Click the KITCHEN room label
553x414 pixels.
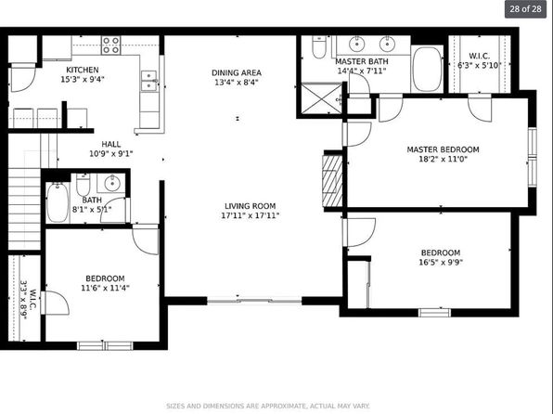click(83, 70)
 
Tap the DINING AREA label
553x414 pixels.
click(237, 73)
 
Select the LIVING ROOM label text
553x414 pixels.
click(250, 206)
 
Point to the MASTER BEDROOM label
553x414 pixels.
click(443, 149)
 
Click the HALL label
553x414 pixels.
click(111, 144)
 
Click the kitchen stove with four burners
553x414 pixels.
click(111, 45)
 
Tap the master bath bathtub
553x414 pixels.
click(427, 70)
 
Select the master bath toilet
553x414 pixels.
click(319, 47)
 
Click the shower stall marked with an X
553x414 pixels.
click(322, 98)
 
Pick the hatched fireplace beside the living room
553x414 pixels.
click(332, 181)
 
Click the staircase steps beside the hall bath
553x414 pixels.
click(24, 209)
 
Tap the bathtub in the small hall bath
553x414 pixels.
click(58, 202)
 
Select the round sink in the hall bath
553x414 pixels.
click(112, 183)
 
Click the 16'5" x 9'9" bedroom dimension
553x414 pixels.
click(441, 263)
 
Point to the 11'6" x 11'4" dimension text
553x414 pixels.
click(105, 288)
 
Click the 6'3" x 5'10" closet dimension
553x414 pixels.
click(479, 65)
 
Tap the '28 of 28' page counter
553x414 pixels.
click(525, 9)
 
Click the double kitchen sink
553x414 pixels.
click(149, 81)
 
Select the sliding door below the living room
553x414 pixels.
click(254, 301)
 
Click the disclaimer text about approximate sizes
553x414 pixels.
click(268, 406)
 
